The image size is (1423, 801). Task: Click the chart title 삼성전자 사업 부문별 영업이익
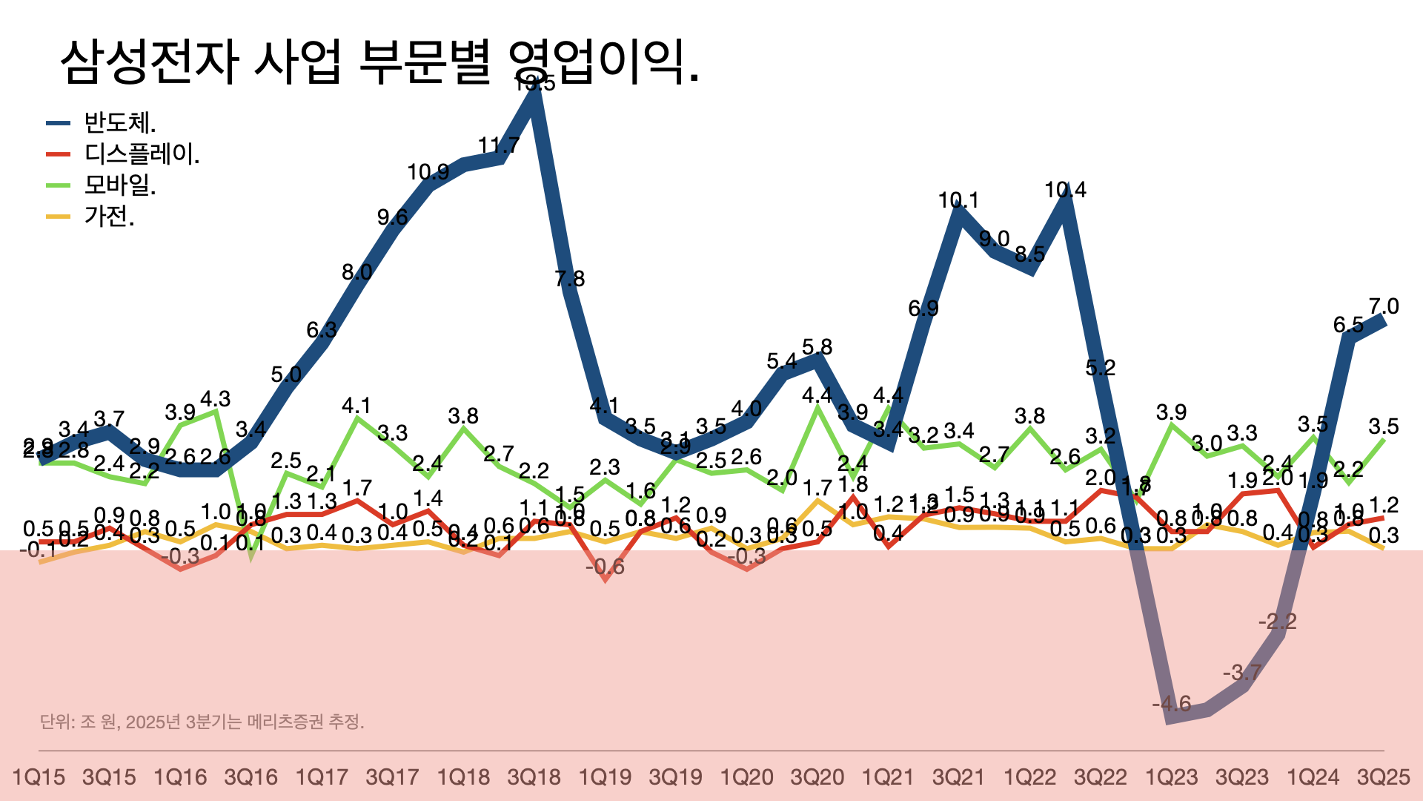click(379, 61)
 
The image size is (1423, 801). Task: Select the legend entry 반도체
click(119, 122)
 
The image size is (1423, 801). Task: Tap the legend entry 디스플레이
click(142, 154)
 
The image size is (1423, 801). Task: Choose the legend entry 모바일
click(119, 185)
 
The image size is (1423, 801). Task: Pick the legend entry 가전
click(109, 216)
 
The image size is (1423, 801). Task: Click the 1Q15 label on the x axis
click(39, 777)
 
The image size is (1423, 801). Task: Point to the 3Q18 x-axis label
click(534, 777)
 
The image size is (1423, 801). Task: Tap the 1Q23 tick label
click(1171, 777)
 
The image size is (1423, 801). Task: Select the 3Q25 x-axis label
click(1383, 777)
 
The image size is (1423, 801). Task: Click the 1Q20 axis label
click(746, 777)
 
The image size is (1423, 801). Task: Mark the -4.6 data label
click(1171, 704)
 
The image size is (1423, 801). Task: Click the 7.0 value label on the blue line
click(1383, 306)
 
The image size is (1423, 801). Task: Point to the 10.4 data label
click(1065, 191)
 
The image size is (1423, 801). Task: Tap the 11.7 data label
click(499, 145)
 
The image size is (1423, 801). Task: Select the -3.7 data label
click(1242, 673)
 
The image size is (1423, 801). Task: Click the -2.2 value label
click(1277, 622)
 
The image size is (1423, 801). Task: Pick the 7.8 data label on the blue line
click(569, 279)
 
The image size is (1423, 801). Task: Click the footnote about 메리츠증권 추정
click(202, 722)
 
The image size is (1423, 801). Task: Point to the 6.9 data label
click(923, 308)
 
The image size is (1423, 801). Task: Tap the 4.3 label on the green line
click(216, 399)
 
